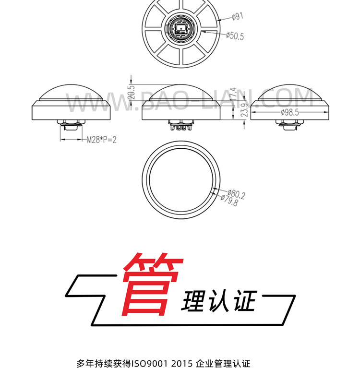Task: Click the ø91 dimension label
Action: [x=238, y=16]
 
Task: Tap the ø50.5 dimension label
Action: [x=235, y=36]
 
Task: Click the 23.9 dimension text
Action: [x=244, y=111]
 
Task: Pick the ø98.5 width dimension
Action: [x=289, y=112]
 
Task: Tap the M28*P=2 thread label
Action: [x=101, y=140]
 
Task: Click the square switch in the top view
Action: [x=181, y=30]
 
